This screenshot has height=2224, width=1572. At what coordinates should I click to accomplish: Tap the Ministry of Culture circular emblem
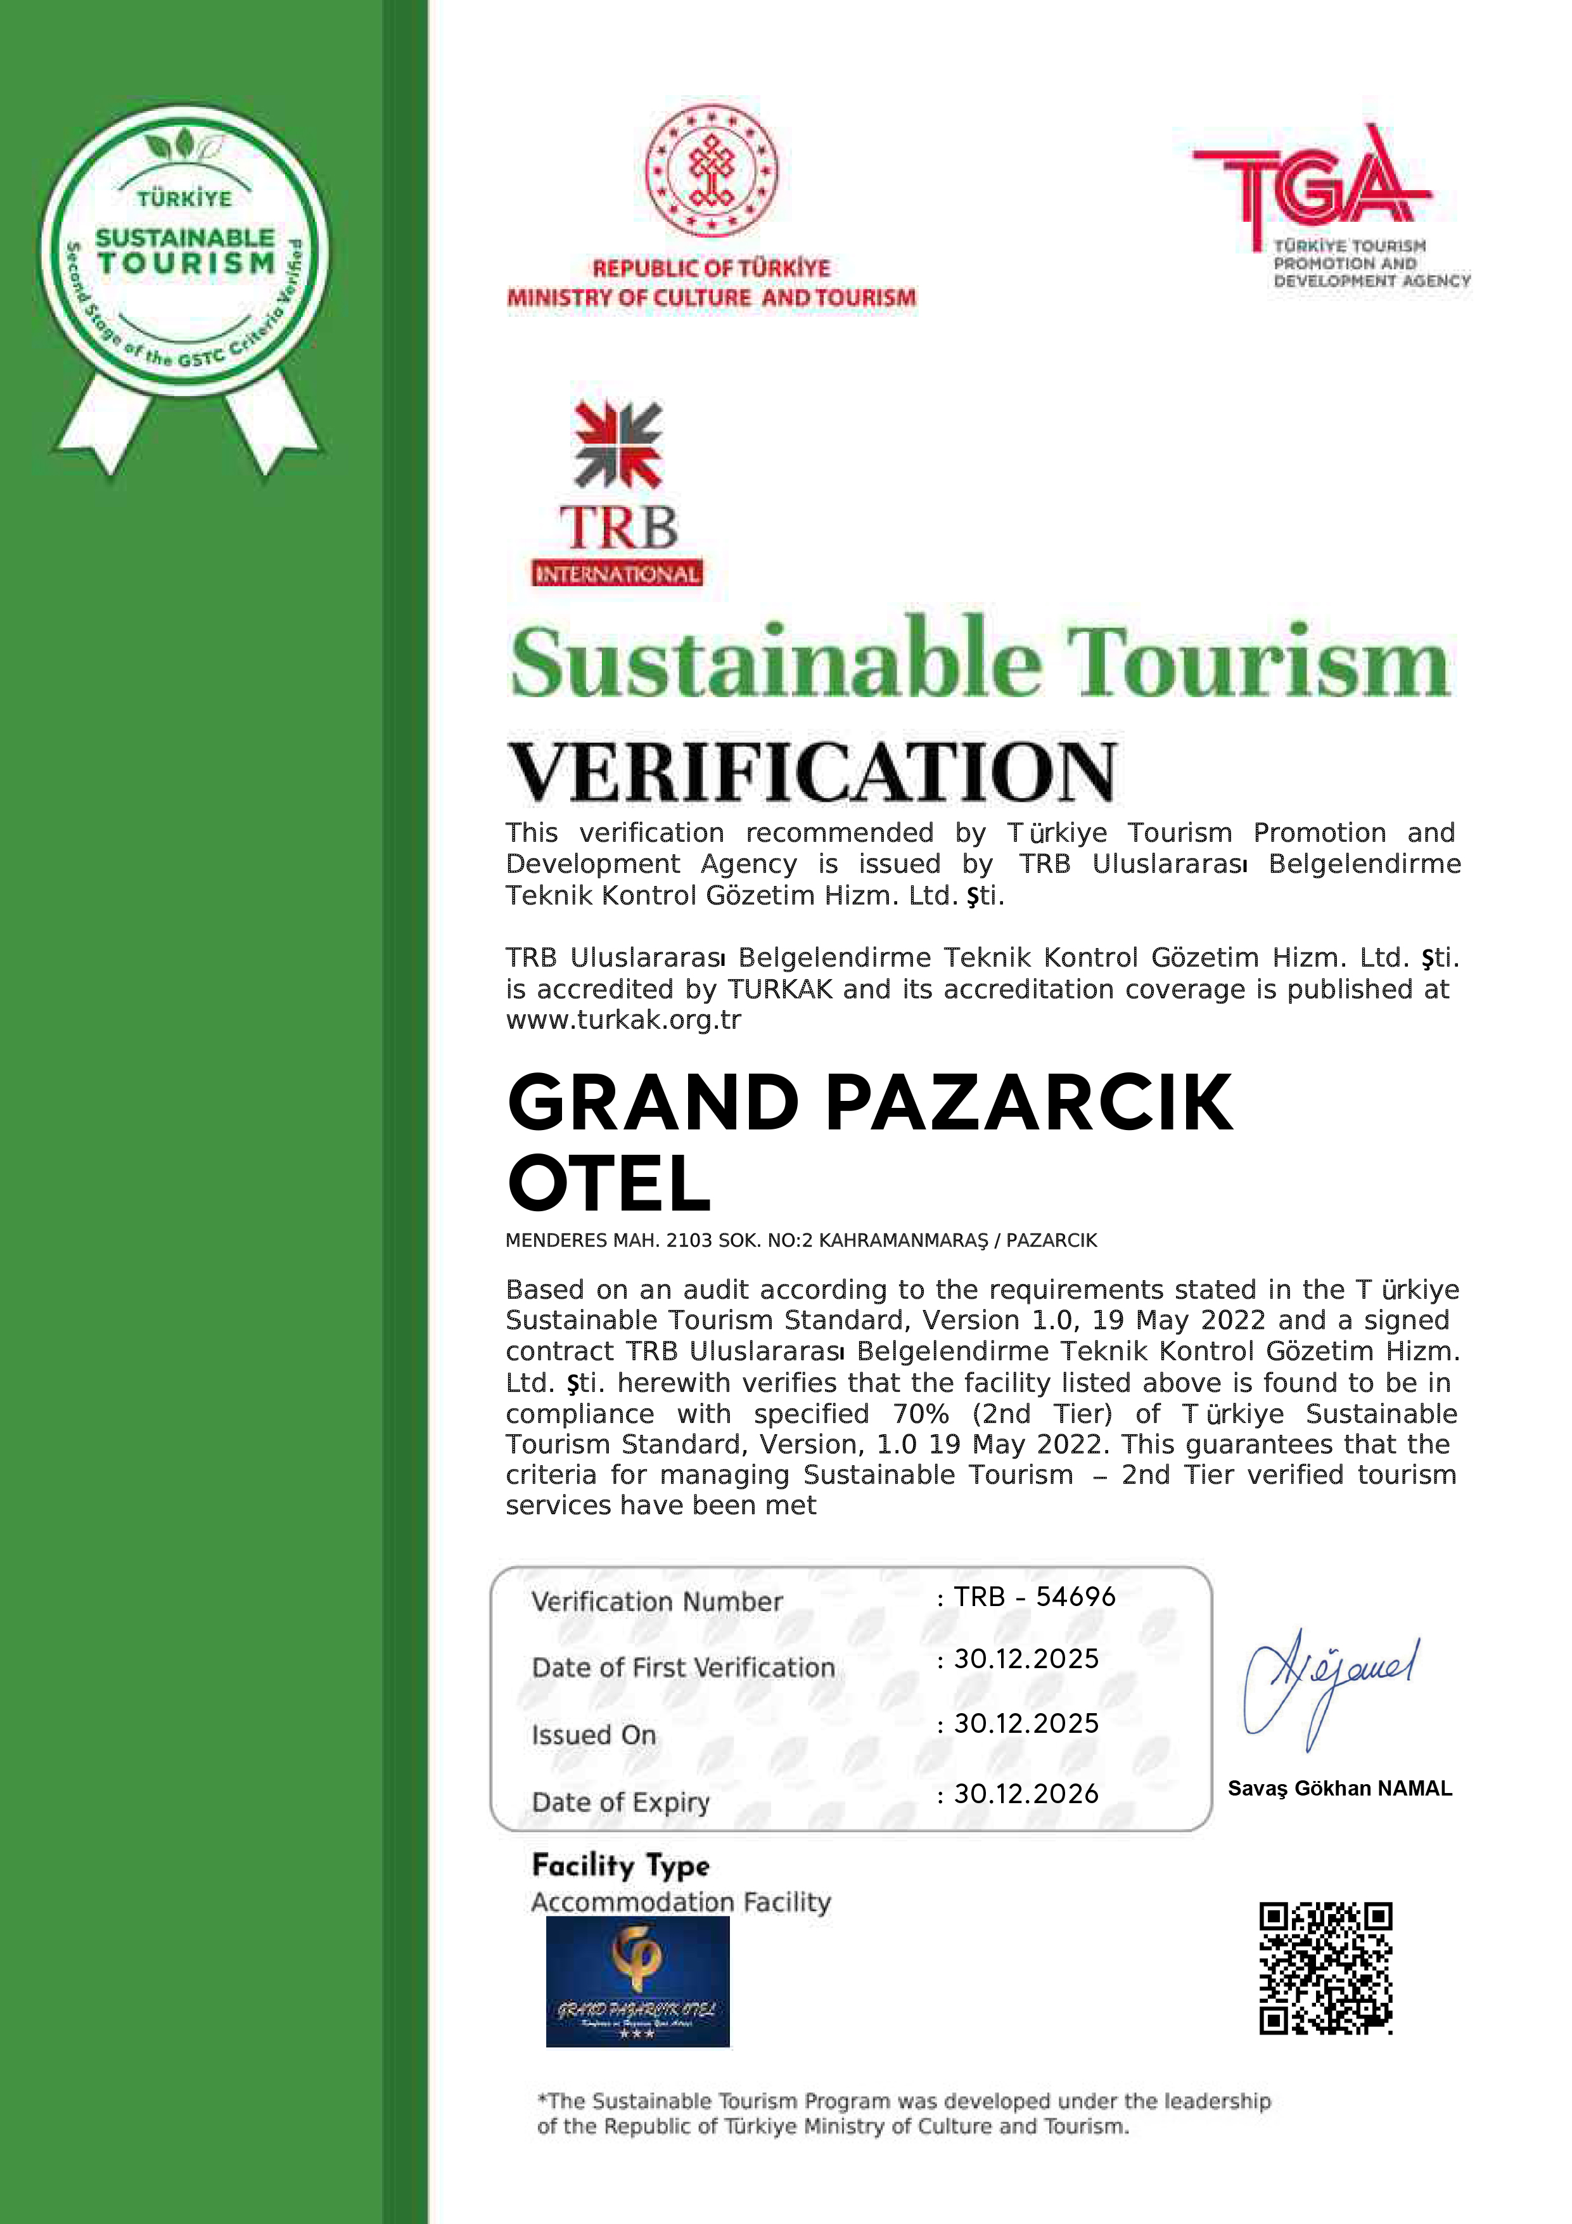click(x=712, y=169)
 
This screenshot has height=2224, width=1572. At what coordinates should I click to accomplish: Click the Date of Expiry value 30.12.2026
click(x=1026, y=1794)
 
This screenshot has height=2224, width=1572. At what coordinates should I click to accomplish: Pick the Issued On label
click(x=594, y=1735)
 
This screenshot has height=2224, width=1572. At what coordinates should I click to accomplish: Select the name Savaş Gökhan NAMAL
click(x=1339, y=1788)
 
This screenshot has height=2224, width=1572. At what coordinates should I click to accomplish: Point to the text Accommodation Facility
click(x=681, y=1903)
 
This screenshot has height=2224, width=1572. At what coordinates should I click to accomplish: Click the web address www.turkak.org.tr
click(x=623, y=1020)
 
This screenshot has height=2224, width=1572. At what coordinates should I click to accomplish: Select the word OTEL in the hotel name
click(x=610, y=1184)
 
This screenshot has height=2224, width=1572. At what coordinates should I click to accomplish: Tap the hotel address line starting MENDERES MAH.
click(x=801, y=1241)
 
